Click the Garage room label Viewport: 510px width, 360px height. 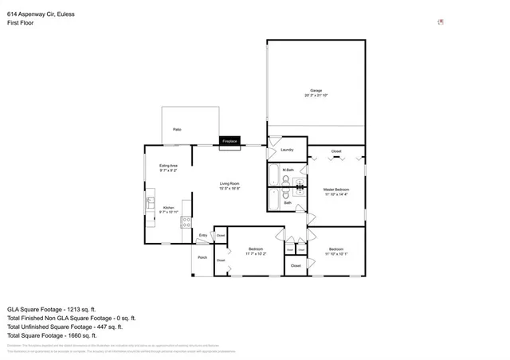coord(316,91)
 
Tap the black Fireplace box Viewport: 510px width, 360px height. coord(229,141)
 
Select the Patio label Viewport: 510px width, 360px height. coord(176,129)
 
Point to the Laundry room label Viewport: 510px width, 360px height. coord(288,150)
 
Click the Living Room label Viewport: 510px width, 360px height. coord(229,185)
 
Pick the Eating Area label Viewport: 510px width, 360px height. coord(168,165)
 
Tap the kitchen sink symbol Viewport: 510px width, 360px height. coord(149,205)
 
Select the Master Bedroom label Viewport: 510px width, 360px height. coord(336,190)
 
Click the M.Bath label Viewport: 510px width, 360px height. coord(288,170)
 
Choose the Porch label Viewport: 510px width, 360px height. coord(202,257)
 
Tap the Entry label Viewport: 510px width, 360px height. coord(203,235)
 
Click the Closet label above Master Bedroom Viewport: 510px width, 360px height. coord(336,151)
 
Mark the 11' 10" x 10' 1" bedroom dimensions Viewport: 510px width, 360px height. coord(336,254)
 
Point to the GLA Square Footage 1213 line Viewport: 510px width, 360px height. coord(51,308)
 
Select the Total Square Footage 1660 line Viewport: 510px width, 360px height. coord(52,335)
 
